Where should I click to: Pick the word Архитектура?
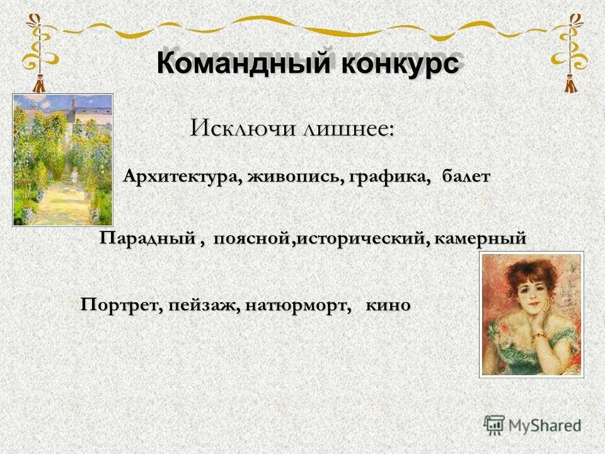pos(179,177)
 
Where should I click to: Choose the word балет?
pos(465,177)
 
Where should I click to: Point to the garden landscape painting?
pos(62,159)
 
